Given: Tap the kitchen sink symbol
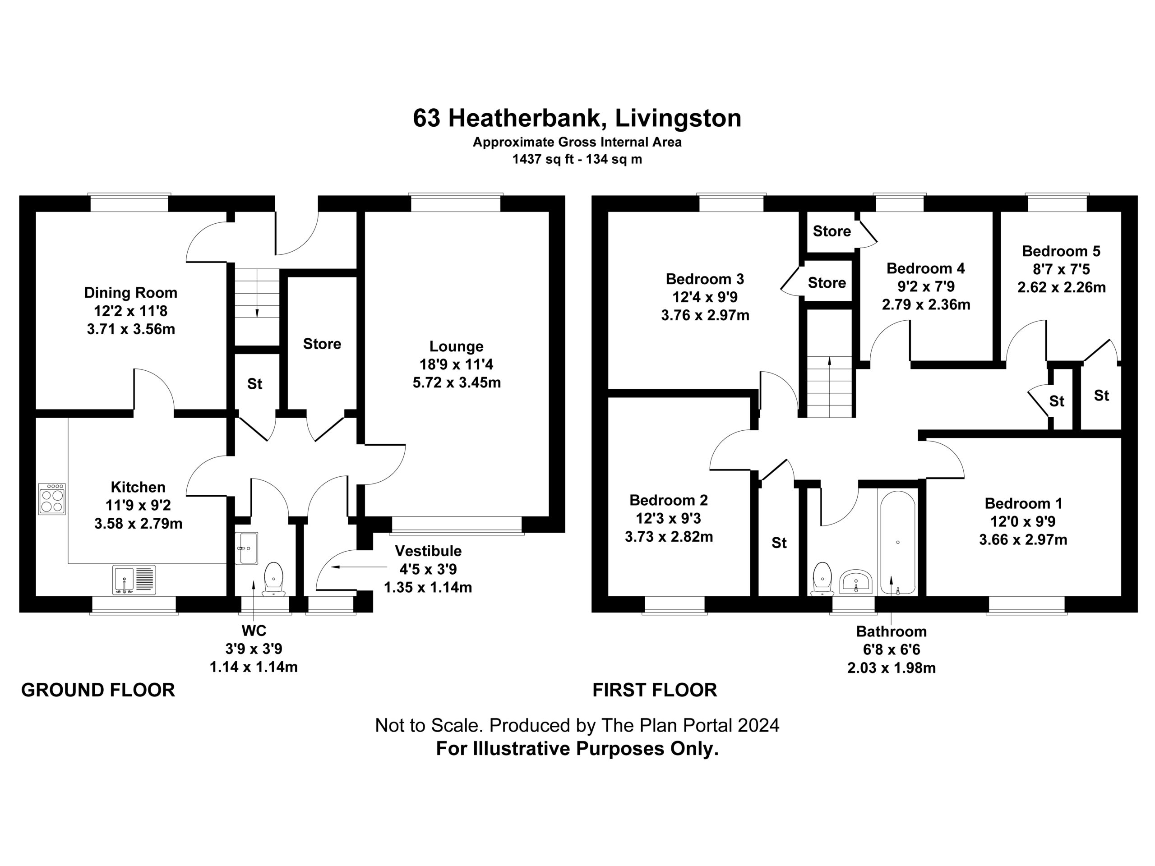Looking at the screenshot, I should pos(134,580).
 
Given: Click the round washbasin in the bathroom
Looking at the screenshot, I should pos(856,581).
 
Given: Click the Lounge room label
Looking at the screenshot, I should pos(457,346).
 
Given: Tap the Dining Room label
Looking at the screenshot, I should pos(130,292).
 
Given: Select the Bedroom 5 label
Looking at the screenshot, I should pos(1061,251).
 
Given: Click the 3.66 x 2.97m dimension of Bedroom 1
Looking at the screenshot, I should pos(1023,539).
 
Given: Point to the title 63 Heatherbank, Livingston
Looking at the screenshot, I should pos(577,118).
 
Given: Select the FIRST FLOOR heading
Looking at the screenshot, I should pos(655,690).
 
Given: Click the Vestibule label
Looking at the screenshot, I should pos(428,551).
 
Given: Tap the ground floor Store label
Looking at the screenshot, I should pos(322,344).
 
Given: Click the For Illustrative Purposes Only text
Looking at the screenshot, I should pos(577,749).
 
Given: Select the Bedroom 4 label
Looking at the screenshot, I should pos(926,268).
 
